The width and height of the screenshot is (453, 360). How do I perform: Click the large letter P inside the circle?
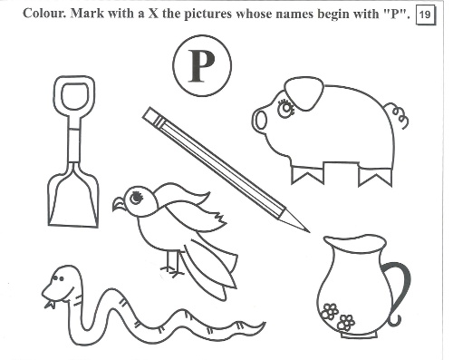202,66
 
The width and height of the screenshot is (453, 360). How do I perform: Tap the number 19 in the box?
425,15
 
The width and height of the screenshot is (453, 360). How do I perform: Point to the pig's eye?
285,109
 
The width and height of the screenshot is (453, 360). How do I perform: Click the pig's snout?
260,121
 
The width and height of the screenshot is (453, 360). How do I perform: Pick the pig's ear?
304,93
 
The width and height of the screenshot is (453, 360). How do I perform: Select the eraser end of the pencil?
152,116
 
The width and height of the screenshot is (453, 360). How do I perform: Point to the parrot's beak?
119,204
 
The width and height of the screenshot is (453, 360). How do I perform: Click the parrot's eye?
136,198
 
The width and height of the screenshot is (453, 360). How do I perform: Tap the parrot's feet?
171,271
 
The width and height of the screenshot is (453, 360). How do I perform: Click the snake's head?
62,284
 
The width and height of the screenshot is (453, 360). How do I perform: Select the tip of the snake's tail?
264,324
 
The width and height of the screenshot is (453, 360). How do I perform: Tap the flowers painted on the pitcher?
338,316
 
